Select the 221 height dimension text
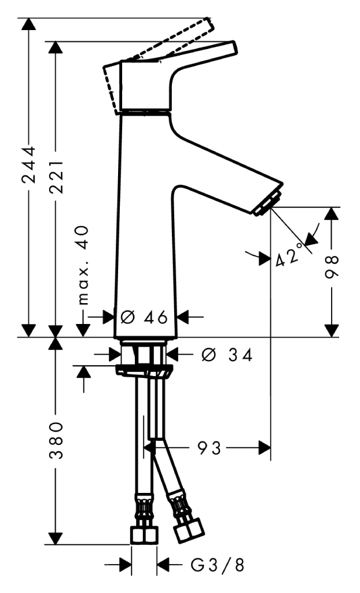(x=56, y=176)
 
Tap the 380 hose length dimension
(x=56, y=440)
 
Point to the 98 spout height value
(x=332, y=266)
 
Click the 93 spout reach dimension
(x=209, y=448)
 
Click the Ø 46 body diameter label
(x=144, y=317)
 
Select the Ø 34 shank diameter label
(x=226, y=355)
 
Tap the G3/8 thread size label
(x=218, y=565)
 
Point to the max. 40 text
(x=83, y=265)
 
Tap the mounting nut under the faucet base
(x=144, y=371)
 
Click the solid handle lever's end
(x=232, y=49)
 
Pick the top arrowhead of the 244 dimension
(x=29, y=24)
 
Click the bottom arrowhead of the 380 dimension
(x=56, y=538)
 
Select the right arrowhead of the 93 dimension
(x=265, y=448)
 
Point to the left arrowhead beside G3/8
(x=125, y=565)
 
